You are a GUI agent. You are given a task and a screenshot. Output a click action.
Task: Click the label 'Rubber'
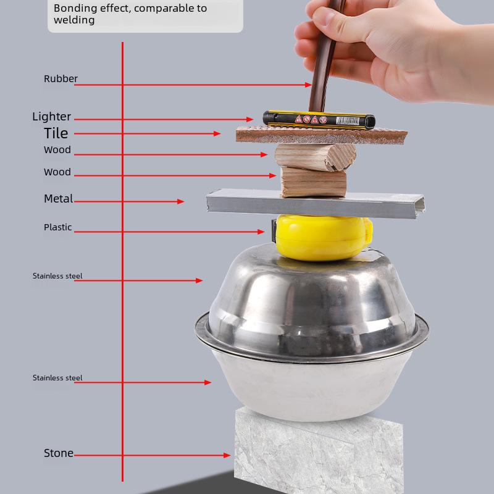click(61, 79)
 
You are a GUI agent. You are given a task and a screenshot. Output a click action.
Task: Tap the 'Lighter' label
click(52, 117)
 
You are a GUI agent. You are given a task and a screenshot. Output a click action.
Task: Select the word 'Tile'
click(56, 133)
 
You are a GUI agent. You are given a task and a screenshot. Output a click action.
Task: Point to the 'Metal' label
click(59, 199)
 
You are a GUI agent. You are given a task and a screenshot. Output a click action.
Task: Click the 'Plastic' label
click(58, 227)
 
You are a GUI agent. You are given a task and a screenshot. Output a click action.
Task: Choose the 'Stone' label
click(59, 453)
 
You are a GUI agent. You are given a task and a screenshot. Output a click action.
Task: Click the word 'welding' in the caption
click(74, 20)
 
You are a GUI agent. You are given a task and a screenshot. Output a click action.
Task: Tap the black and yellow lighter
click(319, 119)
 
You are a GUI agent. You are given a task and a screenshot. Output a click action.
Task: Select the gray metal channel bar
click(315, 203)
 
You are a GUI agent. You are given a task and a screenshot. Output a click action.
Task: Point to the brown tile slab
click(321, 135)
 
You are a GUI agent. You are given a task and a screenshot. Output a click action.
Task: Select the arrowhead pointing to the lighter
click(250, 119)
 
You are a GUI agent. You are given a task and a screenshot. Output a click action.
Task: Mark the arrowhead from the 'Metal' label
click(181, 201)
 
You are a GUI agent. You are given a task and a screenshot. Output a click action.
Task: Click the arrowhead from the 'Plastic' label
click(262, 232)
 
